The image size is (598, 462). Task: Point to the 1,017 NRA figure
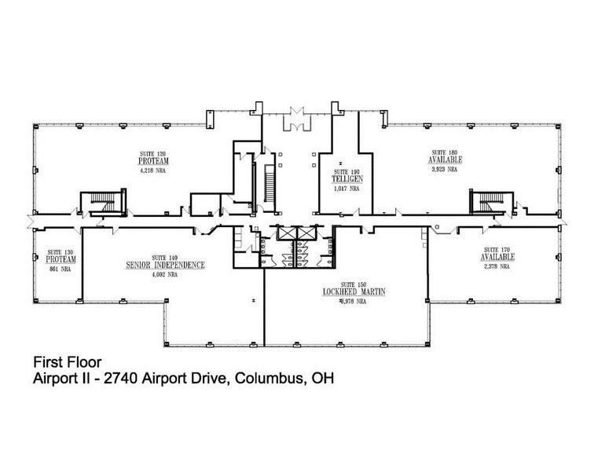click(345, 189)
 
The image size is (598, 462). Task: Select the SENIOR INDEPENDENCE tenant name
click(165, 266)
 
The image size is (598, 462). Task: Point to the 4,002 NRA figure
click(165, 275)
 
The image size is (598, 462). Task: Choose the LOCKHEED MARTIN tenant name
click(352, 291)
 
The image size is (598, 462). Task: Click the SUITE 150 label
click(352, 283)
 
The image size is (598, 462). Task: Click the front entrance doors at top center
click(299, 119)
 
